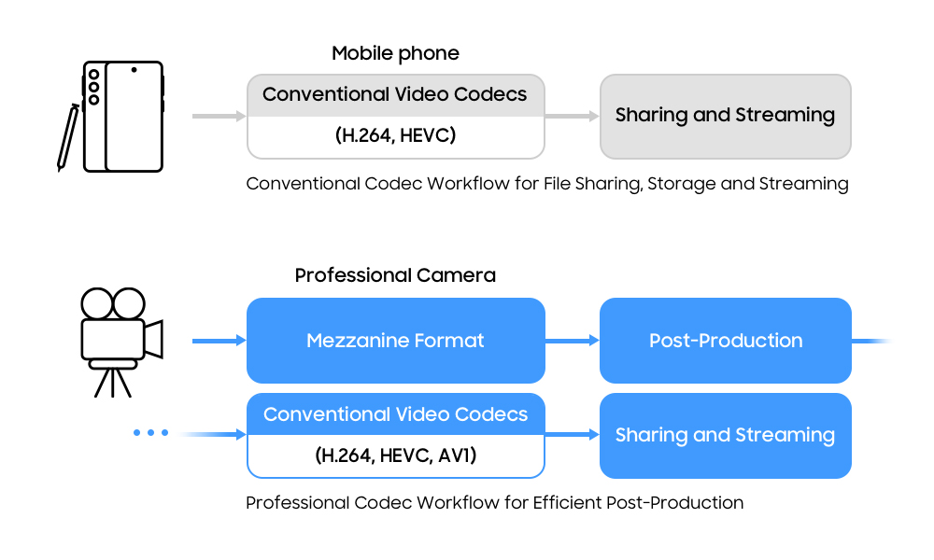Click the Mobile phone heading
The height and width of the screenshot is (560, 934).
[395, 53]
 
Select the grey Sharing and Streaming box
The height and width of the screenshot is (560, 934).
[725, 116]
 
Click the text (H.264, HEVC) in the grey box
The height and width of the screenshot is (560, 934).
[395, 136]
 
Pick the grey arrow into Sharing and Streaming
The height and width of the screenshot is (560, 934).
[572, 116]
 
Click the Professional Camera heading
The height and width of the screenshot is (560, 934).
[395, 275]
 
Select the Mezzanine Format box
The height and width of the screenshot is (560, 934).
[395, 341]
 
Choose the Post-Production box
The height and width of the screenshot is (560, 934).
[725, 341]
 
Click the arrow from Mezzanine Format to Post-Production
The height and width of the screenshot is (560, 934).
[572, 341]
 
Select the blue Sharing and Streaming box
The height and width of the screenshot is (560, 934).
[725, 435]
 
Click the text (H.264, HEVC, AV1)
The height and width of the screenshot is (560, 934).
[395, 456]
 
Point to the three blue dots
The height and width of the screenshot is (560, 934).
[150, 433]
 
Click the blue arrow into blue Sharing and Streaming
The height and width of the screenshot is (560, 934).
[572, 435]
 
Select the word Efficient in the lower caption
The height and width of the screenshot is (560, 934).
[567, 503]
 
